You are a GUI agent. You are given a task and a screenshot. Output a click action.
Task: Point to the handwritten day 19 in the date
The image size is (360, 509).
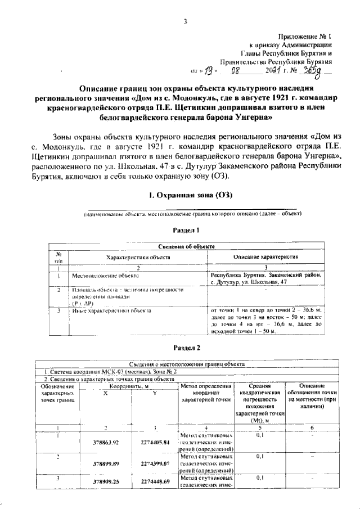210,71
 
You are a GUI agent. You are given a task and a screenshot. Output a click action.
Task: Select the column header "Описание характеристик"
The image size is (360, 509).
265,257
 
